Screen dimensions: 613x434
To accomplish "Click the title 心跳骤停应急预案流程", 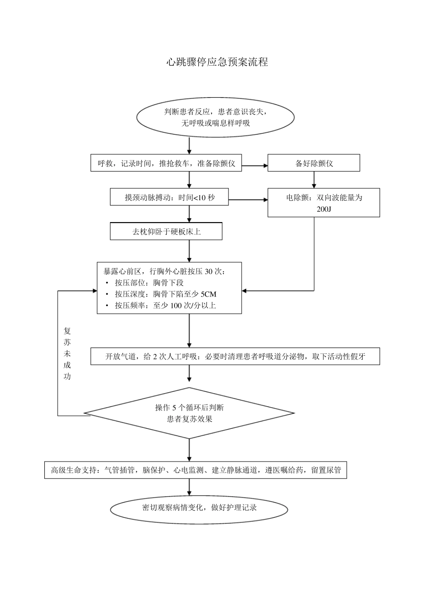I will (217, 62).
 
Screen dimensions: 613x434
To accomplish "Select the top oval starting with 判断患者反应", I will (215, 117).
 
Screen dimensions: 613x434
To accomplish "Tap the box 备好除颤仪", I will (313, 163).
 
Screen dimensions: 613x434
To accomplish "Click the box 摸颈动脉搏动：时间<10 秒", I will (169, 197).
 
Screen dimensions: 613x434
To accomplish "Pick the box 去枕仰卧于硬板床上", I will (166, 232).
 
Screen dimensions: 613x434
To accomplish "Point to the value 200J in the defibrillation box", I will (323, 209).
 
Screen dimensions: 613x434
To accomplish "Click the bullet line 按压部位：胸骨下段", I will (149, 283).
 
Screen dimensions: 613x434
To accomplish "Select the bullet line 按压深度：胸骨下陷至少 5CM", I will (165, 294).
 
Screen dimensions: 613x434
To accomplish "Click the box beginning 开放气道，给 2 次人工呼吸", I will (235, 357).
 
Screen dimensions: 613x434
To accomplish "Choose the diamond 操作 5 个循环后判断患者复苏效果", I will (189, 413).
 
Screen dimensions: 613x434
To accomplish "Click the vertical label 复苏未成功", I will (67, 353).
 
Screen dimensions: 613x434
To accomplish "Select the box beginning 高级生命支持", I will (196, 470).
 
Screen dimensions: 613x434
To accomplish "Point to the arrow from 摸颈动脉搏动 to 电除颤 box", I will (248, 200).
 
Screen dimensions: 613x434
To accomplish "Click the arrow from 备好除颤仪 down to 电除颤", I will (313, 180).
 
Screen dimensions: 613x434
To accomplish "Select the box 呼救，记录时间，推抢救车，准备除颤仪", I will (166, 163).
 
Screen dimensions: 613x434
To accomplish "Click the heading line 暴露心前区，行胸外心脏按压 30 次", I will (164, 271).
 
